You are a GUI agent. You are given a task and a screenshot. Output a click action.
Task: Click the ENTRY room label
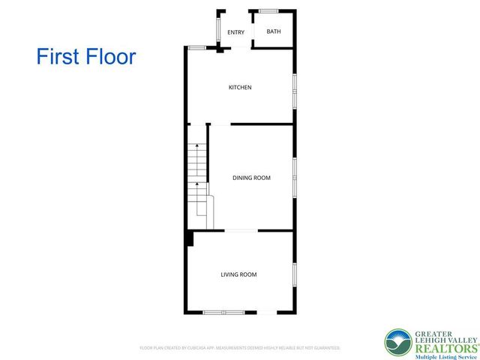tap(235, 32)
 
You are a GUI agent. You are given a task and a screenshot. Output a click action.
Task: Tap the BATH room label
tap(274, 31)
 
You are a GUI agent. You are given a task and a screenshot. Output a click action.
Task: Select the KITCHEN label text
tap(240, 88)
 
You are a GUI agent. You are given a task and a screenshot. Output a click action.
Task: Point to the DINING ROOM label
tap(252, 178)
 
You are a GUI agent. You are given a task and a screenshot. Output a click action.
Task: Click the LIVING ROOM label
tap(238, 274)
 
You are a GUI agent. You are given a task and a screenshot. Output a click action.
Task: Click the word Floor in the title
tap(113, 56)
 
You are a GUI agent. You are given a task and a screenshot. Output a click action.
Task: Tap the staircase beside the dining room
tap(197, 180)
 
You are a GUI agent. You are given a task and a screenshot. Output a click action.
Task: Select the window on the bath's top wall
tap(269, 10)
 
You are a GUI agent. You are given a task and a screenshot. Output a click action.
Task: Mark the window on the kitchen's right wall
tap(294, 88)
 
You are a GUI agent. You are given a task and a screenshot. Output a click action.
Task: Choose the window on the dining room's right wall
tap(294, 178)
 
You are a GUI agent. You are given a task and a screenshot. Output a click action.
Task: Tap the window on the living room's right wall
tap(294, 274)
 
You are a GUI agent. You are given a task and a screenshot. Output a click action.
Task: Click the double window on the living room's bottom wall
tap(223, 312)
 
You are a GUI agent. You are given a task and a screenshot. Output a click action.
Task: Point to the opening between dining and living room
tap(241, 230)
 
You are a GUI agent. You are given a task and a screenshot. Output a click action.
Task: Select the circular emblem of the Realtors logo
tap(398, 342)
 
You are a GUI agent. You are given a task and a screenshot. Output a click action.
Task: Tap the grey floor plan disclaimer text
tap(240, 348)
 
